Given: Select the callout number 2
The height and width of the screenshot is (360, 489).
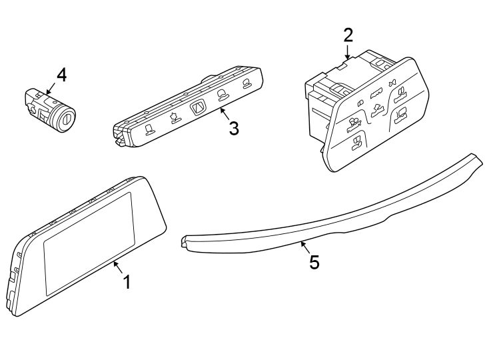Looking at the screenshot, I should tap(348, 35).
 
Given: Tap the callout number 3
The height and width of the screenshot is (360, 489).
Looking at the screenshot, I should tap(233, 128).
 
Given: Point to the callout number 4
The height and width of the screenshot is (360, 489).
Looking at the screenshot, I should tap(61, 75).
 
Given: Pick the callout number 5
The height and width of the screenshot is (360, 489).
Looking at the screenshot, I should tap(314, 262).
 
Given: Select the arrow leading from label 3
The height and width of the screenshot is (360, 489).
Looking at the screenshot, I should tap(225, 113).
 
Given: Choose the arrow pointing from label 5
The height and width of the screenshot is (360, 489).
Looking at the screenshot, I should tap(304, 247).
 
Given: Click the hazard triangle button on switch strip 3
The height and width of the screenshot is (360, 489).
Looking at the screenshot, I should tap(199, 109).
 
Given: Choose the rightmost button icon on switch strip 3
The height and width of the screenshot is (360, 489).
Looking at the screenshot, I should tap(246, 83).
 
